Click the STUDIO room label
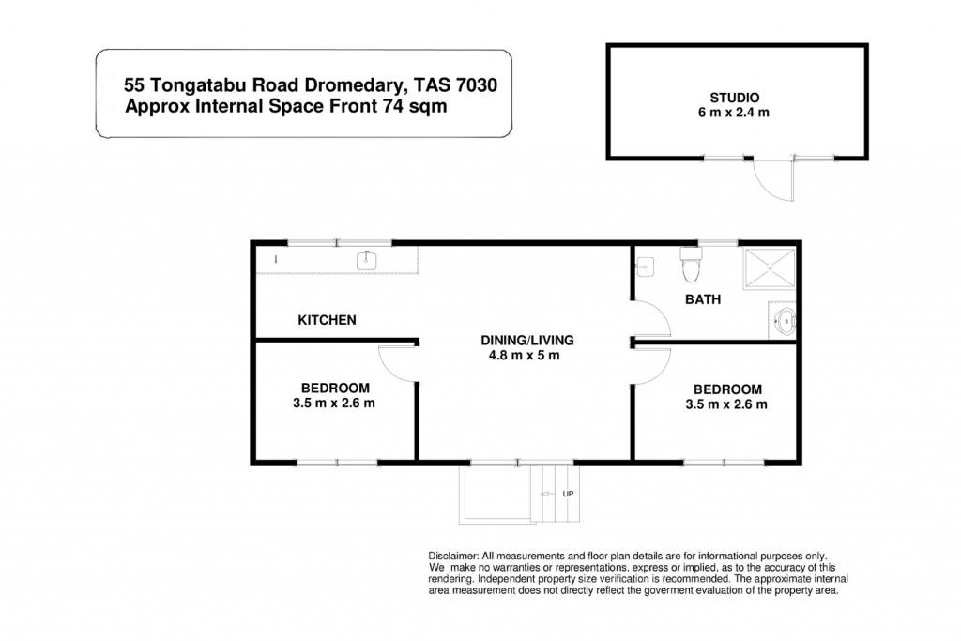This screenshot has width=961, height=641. click(x=734, y=98)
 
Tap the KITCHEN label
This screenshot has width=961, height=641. click(x=327, y=320)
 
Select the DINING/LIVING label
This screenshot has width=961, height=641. click(x=527, y=340)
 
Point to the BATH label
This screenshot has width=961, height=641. click(x=703, y=299)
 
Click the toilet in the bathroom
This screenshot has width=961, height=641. click(x=691, y=264)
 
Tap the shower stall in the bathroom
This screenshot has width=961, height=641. click(x=770, y=268)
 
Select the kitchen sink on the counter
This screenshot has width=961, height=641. click(x=367, y=261)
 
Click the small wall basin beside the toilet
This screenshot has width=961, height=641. click(x=645, y=267)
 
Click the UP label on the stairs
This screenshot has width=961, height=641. click(x=568, y=494)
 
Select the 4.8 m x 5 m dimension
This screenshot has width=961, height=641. click(x=524, y=356)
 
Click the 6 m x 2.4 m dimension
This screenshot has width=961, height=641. click(x=734, y=113)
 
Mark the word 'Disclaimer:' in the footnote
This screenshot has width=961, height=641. click(x=453, y=557)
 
